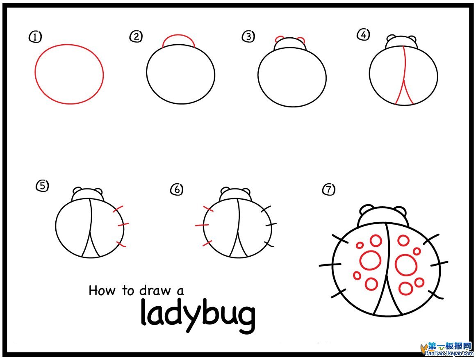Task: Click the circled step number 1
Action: (x=35, y=37)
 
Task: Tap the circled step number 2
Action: (x=136, y=36)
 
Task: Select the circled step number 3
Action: (x=248, y=36)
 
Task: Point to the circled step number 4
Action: (x=363, y=34)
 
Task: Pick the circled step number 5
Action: (x=43, y=185)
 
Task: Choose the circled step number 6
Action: (x=177, y=189)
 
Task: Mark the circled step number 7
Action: (x=328, y=189)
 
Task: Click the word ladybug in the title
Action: (x=198, y=316)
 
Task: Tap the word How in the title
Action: (x=102, y=290)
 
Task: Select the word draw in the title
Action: (x=155, y=290)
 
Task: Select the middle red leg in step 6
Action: (x=202, y=225)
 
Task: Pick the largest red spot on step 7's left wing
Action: (x=370, y=260)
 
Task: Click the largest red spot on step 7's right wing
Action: (x=406, y=265)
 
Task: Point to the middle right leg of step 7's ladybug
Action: (x=439, y=264)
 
